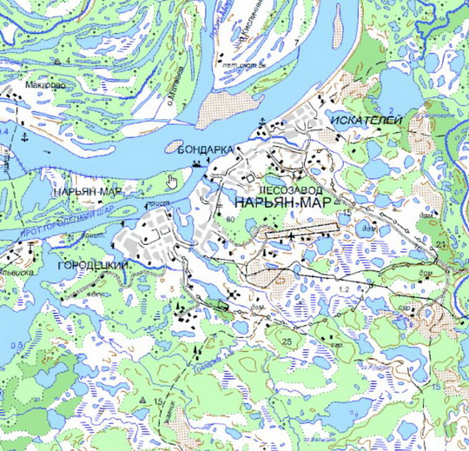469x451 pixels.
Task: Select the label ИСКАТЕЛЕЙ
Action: tap(366, 122)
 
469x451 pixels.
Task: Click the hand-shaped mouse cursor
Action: tap(173, 181)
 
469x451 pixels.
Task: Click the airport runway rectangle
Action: tap(301, 232)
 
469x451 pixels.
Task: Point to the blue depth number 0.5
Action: tap(11, 344)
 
